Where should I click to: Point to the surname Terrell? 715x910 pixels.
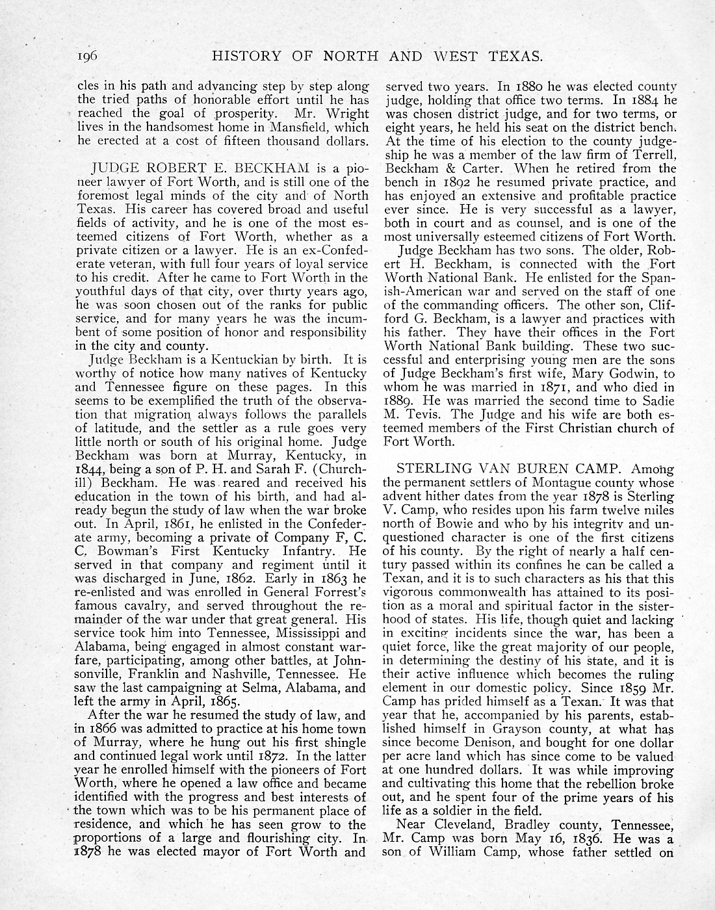pyautogui.click(x=651, y=155)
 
